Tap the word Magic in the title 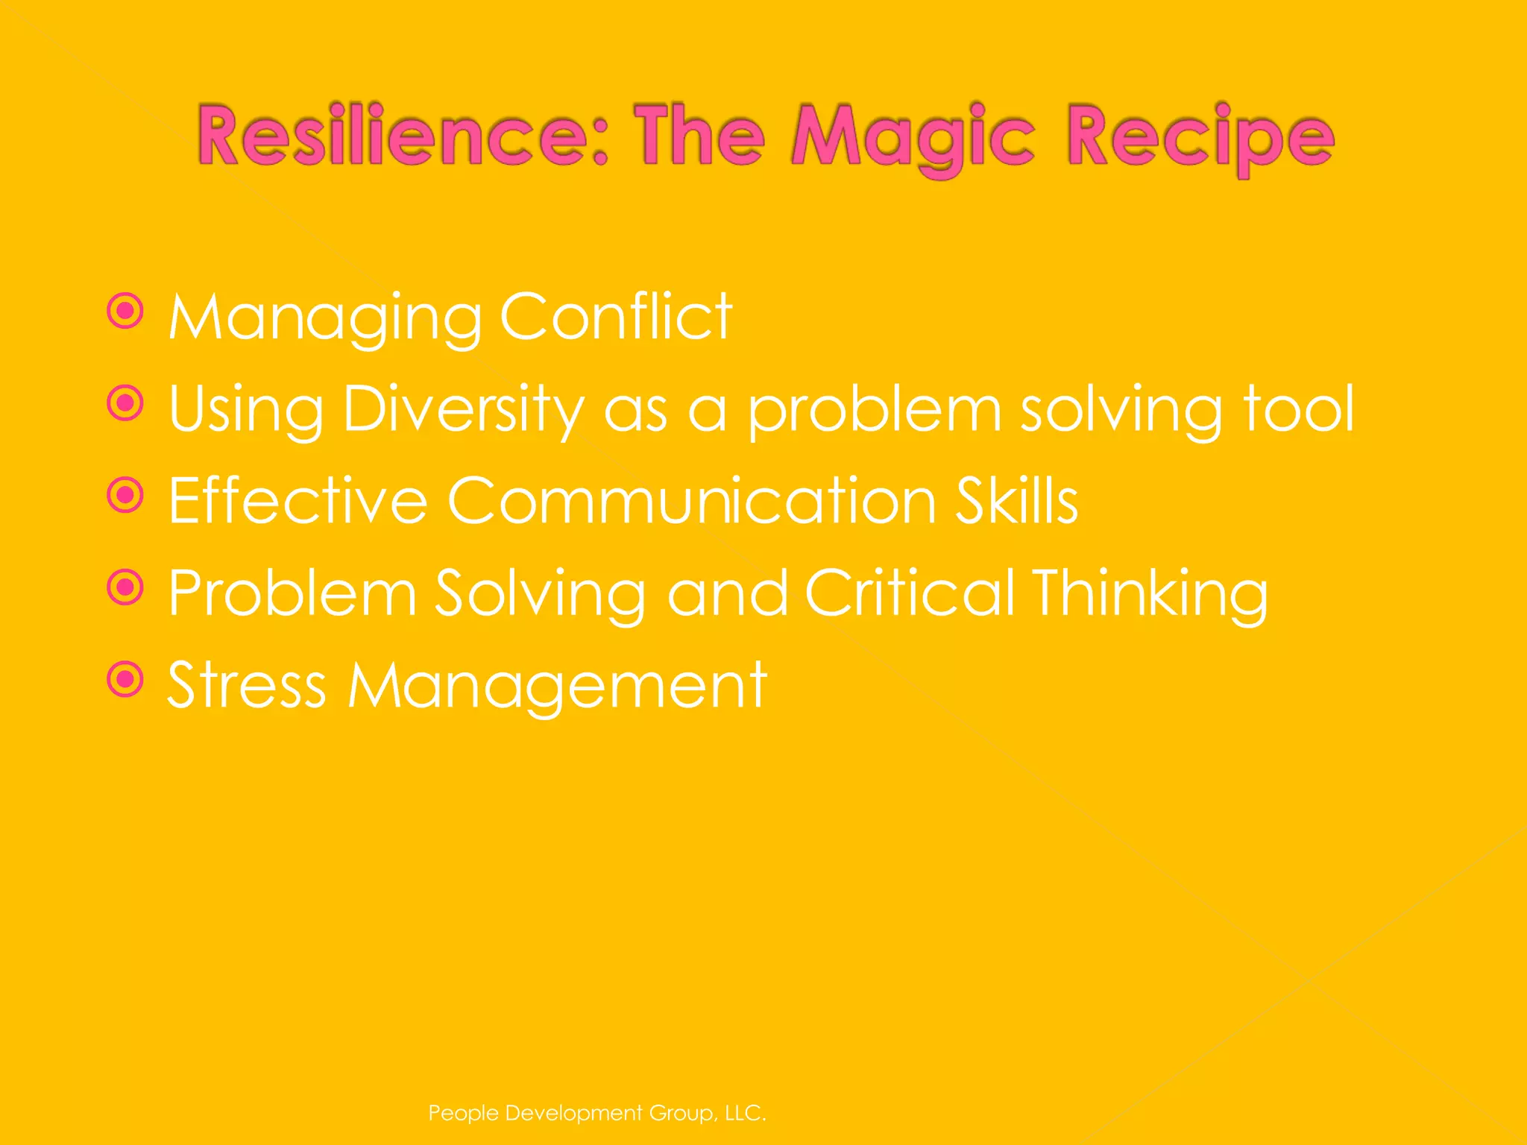913,138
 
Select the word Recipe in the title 1200,138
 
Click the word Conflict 616,317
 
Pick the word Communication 691,501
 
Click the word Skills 1017,501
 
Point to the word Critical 910,593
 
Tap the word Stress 247,685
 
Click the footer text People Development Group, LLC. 597,1113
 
